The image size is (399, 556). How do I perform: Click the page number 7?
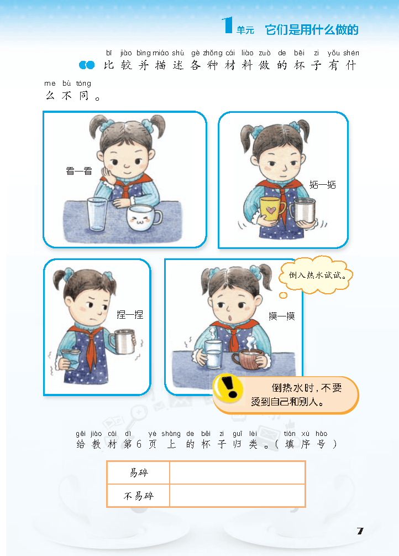(x=360, y=531)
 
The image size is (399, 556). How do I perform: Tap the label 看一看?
(x=79, y=172)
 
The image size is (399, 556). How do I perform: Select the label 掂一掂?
(x=323, y=184)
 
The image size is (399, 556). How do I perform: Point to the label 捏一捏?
(x=130, y=314)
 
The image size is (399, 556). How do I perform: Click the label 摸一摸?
(x=282, y=316)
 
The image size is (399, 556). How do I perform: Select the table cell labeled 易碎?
(x=139, y=473)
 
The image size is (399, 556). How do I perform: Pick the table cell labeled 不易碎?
(x=139, y=496)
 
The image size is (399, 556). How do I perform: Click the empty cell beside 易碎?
(x=237, y=473)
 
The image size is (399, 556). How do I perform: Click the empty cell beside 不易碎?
(x=237, y=496)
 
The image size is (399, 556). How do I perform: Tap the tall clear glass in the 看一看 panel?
(x=97, y=215)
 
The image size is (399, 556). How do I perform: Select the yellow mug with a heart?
(x=272, y=209)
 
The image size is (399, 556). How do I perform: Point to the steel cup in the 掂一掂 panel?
(x=303, y=211)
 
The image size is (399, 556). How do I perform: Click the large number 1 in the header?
(x=227, y=26)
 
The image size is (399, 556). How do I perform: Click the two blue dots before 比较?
(x=87, y=66)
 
